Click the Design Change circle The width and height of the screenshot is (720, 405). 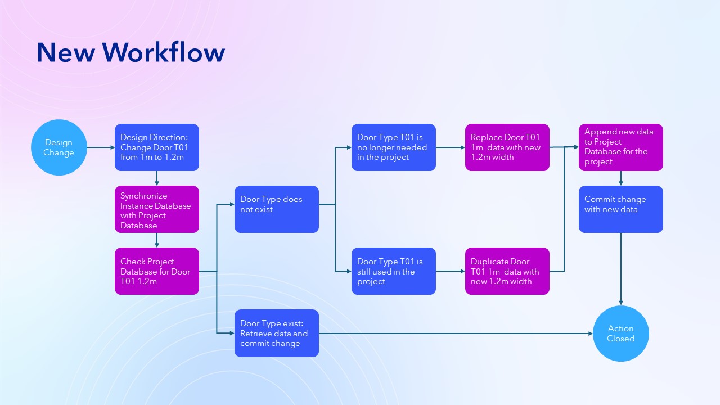coord(58,147)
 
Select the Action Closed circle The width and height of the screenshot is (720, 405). coord(621,334)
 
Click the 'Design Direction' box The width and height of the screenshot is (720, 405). coord(157,147)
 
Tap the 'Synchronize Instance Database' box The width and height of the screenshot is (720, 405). coord(157,209)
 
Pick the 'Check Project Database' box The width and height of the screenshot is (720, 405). coord(157,271)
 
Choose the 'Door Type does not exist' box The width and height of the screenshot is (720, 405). coord(277,209)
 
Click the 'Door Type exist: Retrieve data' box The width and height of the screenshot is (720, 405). coord(277,333)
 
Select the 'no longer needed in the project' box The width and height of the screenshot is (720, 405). coord(394,147)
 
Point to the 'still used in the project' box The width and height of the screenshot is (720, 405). coord(394,271)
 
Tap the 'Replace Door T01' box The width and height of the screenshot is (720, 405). coord(507,147)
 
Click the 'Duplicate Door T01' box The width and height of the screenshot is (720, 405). coord(507,271)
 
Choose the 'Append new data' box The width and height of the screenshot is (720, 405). coord(621,147)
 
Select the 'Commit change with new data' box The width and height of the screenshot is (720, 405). coord(621,209)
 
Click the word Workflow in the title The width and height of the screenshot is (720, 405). coord(164,52)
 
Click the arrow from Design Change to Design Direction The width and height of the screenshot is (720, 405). coord(101,147)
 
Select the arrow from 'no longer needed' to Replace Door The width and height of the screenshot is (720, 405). coord(450,147)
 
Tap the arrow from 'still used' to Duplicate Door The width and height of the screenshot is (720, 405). coord(450,271)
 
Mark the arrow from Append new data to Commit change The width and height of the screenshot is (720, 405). coord(621,178)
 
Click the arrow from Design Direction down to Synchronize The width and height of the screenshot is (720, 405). coord(157,178)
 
